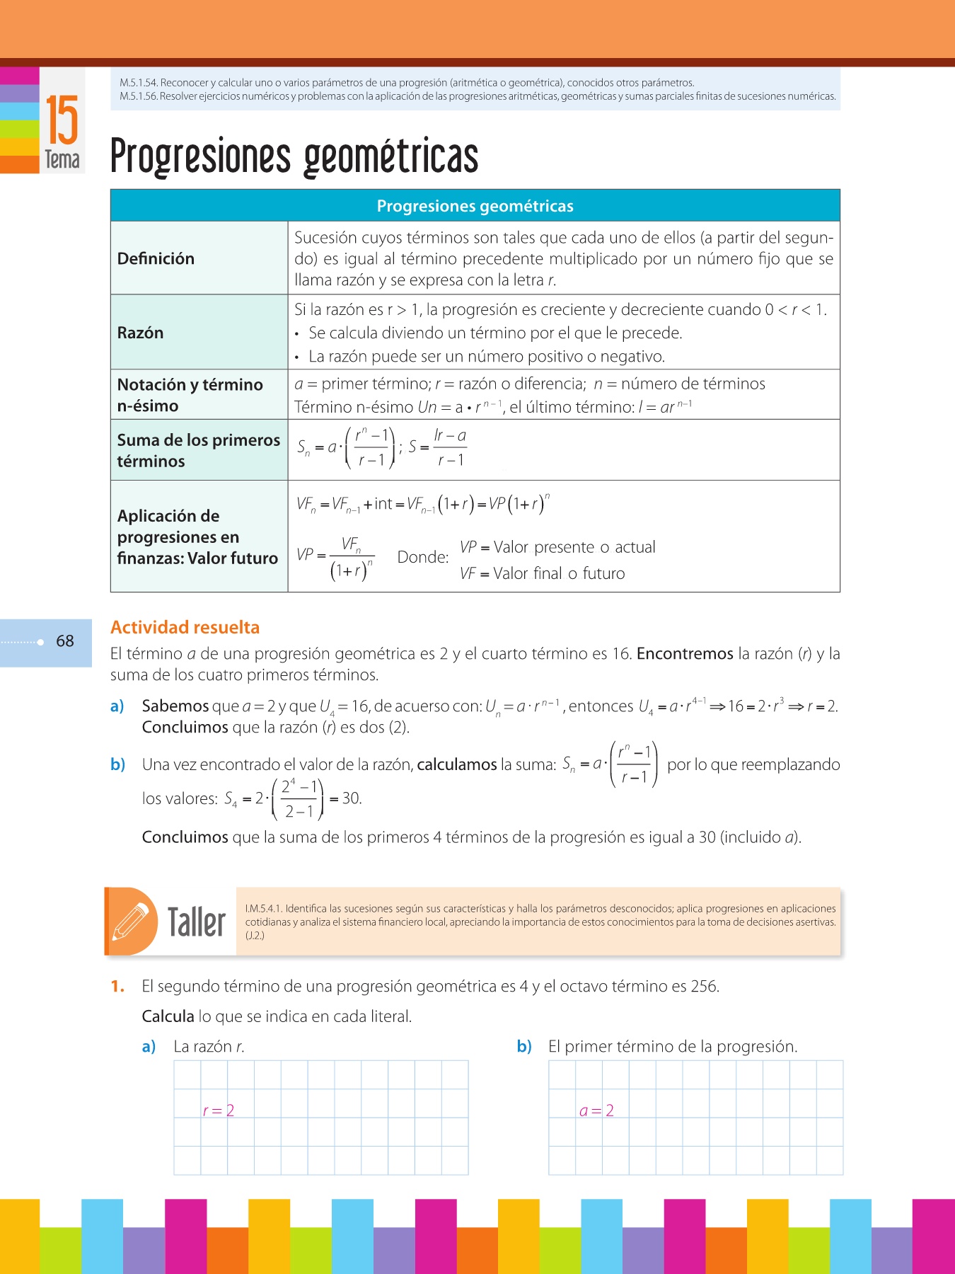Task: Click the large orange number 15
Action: point(62,120)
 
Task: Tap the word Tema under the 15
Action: point(62,160)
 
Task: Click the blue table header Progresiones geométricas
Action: point(475,206)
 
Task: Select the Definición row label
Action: point(156,258)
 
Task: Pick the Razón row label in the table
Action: point(140,333)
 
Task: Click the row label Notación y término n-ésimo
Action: point(190,395)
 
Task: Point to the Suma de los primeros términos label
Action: point(198,450)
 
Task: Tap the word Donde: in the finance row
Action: point(423,557)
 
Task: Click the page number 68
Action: point(65,641)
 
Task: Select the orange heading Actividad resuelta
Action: point(185,627)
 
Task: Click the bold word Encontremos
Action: point(684,653)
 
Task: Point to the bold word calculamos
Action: point(457,764)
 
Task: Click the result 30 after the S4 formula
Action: point(351,798)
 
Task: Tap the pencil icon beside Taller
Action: point(132,921)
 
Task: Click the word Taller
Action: point(196,922)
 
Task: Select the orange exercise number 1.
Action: point(117,986)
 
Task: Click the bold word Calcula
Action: point(168,1016)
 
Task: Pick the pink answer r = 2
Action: point(218,1111)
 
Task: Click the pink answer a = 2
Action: point(596,1111)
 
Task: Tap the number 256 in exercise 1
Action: point(703,986)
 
